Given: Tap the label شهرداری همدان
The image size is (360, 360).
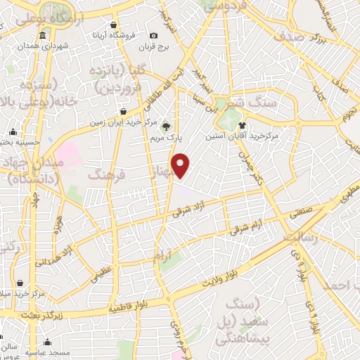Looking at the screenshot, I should click(x=44, y=46).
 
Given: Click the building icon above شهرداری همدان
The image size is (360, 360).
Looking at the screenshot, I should click(x=44, y=36).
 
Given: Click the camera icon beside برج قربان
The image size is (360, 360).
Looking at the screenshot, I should click(x=153, y=36).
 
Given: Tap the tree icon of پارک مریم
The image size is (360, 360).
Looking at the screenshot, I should click(x=167, y=127).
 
